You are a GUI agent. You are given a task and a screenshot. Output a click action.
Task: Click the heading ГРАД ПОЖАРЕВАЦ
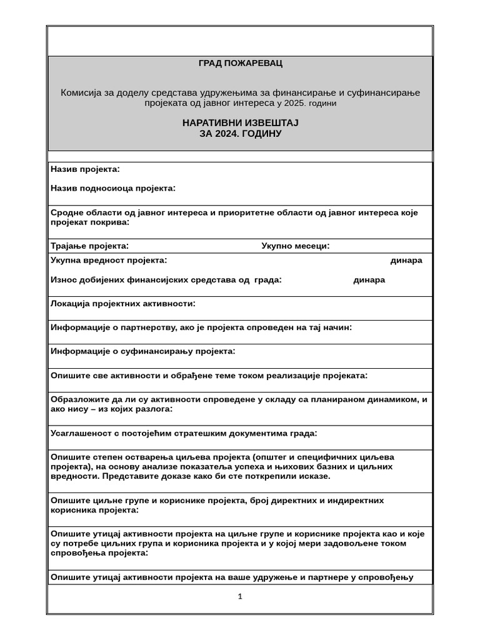point(240,63)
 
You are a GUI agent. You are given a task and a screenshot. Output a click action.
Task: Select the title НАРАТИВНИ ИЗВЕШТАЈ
point(240,122)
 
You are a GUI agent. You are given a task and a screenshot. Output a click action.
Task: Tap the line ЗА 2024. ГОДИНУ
point(240,134)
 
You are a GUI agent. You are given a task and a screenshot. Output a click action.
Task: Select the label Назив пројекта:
point(85,169)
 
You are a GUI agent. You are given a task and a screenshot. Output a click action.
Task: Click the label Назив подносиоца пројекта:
point(112,188)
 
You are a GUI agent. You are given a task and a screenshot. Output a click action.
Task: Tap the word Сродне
point(67,212)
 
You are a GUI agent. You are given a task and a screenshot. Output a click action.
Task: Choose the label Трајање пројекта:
point(89,246)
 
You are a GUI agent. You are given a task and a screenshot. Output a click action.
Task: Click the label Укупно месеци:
point(295,246)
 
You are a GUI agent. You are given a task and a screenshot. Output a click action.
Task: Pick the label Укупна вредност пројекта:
point(109,261)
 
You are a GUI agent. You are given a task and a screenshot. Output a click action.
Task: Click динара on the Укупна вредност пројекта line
point(406,261)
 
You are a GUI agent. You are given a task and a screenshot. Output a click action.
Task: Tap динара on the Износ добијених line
point(369,280)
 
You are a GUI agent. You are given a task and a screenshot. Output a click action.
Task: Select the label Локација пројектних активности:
point(122,304)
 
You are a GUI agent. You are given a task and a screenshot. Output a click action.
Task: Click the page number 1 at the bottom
point(240,596)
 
